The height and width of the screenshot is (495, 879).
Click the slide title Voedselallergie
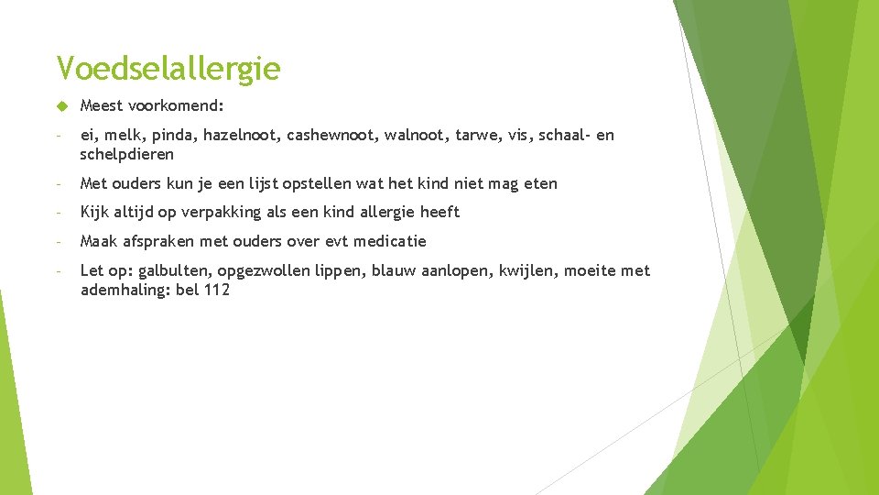point(168,68)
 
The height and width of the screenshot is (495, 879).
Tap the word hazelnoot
point(241,136)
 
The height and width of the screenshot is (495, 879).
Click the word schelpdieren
point(126,154)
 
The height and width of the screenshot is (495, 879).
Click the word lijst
point(263,183)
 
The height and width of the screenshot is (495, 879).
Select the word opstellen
point(318,183)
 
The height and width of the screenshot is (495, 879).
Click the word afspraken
point(156,241)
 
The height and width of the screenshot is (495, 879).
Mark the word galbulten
point(175,270)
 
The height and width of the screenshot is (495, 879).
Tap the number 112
point(217,290)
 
